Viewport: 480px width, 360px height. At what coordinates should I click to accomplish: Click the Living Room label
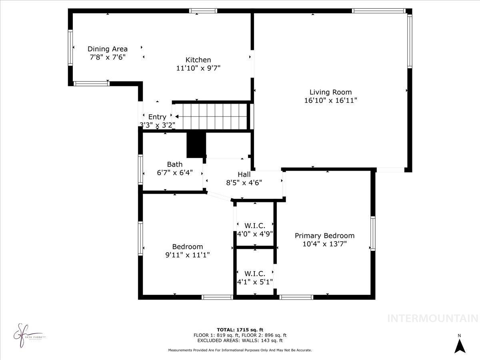pyautogui.click(x=330, y=92)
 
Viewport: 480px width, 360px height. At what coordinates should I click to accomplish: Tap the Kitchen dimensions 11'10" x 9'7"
pyautogui.click(x=198, y=68)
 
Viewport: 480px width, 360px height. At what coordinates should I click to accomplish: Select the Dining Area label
pyautogui.click(x=108, y=49)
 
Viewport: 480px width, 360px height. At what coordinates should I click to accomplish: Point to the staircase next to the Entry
pyautogui.click(x=212, y=116)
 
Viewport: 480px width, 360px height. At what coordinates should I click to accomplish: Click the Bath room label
pyautogui.click(x=175, y=164)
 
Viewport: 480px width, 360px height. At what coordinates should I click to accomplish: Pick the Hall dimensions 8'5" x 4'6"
pyautogui.click(x=244, y=182)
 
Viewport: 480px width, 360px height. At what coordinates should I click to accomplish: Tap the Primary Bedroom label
pyautogui.click(x=324, y=236)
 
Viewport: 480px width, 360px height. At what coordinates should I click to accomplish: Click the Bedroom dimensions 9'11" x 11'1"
pyautogui.click(x=188, y=254)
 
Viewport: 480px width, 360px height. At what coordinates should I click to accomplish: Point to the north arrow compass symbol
pyautogui.click(x=460, y=345)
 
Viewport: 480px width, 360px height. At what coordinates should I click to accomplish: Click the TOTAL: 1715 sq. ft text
pyautogui.click(x=240, y=330)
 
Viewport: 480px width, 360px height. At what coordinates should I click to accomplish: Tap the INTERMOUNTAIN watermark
pyautogui.click(x=433, y=318)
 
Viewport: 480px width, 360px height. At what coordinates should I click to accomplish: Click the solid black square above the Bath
pyautogui.click(x=196, y=144)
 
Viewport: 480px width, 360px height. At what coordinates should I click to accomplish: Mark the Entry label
pyautogui.click(x=157, y=117)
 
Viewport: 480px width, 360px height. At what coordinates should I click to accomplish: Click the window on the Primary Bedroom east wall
pyautogui.click(x=373, y=234)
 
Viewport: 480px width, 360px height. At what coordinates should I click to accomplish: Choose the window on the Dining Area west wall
pyautogui.click(x=70, y=48)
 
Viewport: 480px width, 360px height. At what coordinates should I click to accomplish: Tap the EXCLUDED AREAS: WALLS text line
pyautogui.click(x=240, y=341)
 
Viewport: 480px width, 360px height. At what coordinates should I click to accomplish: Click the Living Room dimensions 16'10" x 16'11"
pyautogui.click(x=330, y=100)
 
